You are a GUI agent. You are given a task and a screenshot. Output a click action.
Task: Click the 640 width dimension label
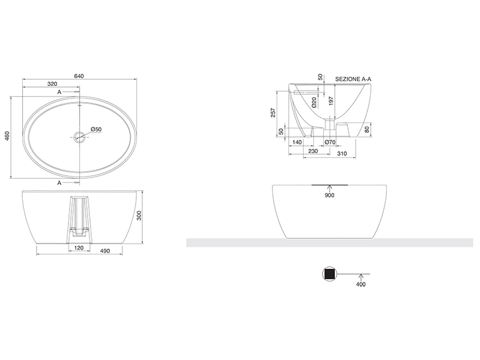click(79, 76)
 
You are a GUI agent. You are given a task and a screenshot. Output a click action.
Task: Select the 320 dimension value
click(52, 84)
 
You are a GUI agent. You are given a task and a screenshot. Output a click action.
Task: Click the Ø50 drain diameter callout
click(96, 130)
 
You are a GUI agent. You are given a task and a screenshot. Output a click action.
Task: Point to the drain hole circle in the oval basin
click(80, 136)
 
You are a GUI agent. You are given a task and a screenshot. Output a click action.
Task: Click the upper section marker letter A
click(59, 92)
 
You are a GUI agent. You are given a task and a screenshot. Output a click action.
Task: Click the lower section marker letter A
click(59, 183)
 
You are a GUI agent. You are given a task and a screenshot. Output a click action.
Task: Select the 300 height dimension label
click(139, 217)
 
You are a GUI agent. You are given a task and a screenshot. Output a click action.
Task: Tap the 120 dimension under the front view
click(79, 248)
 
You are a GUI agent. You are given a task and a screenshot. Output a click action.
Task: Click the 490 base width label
click(104, 251)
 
